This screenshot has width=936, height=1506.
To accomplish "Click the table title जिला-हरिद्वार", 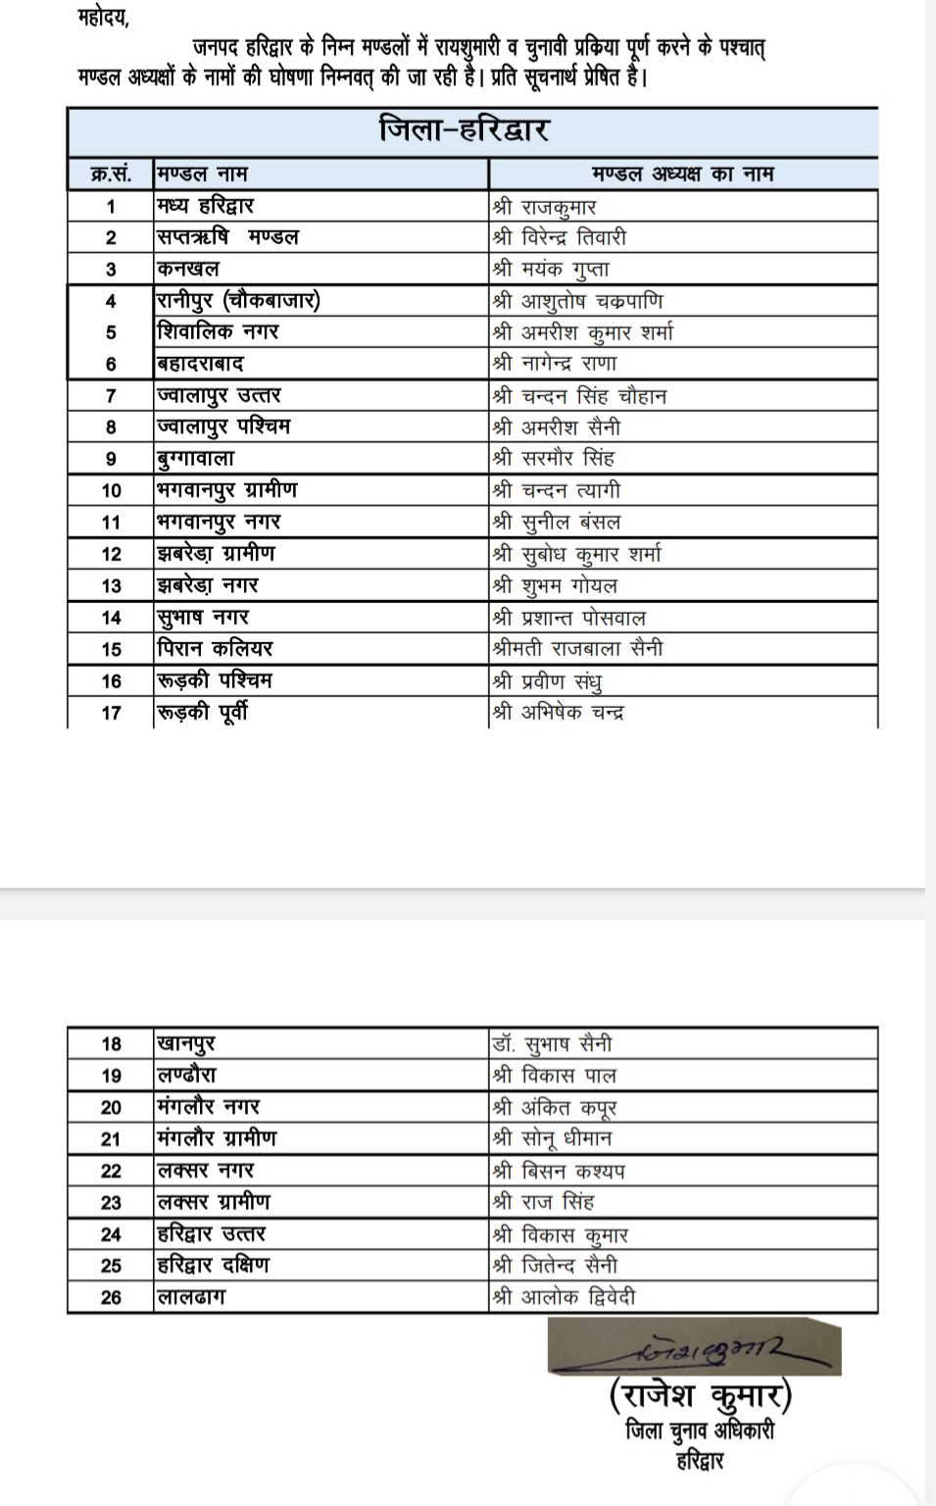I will (464, 130).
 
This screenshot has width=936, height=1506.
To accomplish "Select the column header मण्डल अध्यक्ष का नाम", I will (682, 175).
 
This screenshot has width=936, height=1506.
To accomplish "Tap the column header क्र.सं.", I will (110, 175).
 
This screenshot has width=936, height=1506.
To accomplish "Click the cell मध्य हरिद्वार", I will (206, 206).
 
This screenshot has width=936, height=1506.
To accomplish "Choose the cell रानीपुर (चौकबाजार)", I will (238, 301).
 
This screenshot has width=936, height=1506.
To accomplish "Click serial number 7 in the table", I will (111, 396).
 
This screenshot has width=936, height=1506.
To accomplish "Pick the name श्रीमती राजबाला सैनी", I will (578, 648).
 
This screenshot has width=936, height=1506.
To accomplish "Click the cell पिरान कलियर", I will (215, 648).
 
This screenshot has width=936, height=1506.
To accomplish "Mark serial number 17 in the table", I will (111, 713).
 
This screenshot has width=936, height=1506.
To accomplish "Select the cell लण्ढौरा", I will (187, 1076).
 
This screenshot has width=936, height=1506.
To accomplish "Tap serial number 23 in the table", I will (111, 1203).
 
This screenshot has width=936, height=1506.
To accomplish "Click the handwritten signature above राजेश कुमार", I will (693, 1347).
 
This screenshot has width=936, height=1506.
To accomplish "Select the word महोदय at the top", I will (102, 19).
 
